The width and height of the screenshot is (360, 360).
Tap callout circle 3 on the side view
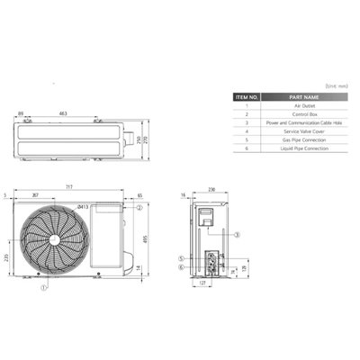(236, 233)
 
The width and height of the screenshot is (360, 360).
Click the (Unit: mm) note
(334, 85)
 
